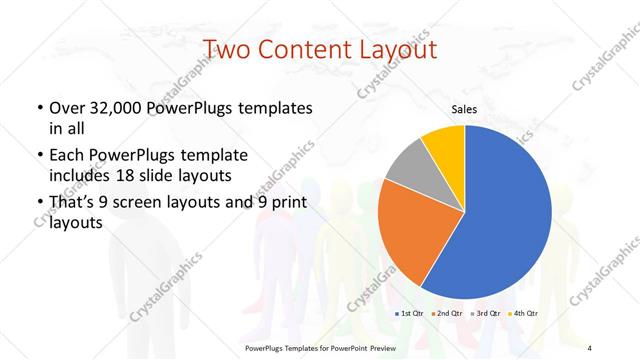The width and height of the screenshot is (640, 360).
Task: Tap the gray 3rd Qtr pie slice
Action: click(x=407, y=167)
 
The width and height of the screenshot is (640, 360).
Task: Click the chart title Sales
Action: click(x=464, y=108)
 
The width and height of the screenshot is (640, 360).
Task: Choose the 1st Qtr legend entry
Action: click(x=412, y=314)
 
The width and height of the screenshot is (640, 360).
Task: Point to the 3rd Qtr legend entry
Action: click(x=486, y=314)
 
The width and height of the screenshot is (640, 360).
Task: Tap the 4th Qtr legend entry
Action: click(x=523, y=314)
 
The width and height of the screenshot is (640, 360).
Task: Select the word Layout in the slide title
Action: click(x=398, y=48)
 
